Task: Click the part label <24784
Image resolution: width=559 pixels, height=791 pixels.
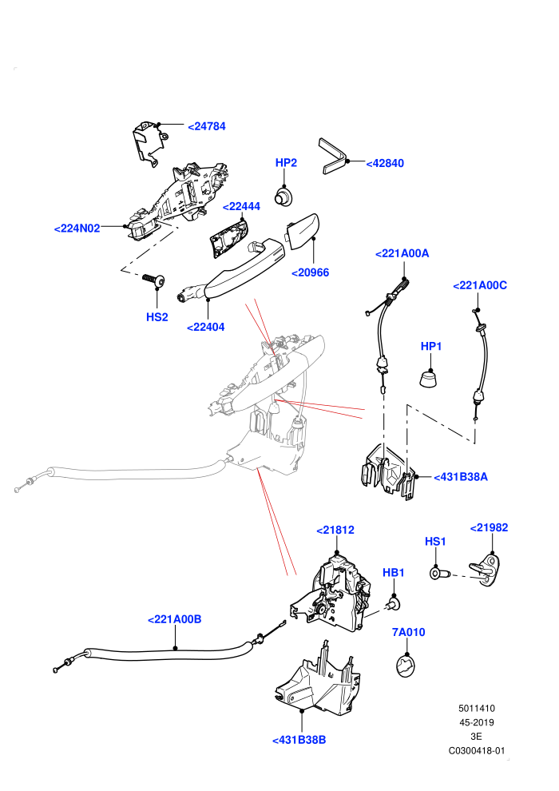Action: pyautogui.click(x=207, y=126)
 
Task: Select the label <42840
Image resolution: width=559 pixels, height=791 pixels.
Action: pyautogui.click(x=385, y=164)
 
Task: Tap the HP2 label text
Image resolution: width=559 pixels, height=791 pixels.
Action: pyautogui.click(x=286, y=162)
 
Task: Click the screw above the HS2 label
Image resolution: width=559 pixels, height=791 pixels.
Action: pyautogui.click(x=154, y=280)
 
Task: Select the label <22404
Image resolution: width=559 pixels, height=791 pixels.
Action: pyautogui.click(x=206, y=327)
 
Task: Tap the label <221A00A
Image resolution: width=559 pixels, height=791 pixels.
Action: pyautogui.click(x=402, y=253)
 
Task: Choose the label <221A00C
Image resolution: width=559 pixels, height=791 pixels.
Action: pyautogui.click(x=480, y=285)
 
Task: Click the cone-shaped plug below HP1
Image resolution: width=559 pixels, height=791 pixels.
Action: pyautogui.click(x=428, y=379)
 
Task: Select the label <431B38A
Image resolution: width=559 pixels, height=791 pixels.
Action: pyautogui.click(x=461, y=477)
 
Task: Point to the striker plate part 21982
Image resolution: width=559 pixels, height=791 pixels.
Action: pyautogui.click(x=486, y=570)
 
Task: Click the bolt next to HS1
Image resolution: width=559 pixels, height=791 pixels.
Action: pyautogui.click(x=439, y=574)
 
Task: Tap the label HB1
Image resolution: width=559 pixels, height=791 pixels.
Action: pyautogui.click(x=394, y=573)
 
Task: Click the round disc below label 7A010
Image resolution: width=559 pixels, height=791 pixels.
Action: pyautogui.click(x=406, y=666)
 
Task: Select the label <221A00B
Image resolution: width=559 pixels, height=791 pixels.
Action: pyautogui.click(x=174, y=619)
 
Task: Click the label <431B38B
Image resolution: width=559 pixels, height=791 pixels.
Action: pyautogui.click(x=299, y=740)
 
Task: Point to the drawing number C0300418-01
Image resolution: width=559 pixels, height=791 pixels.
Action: pyautogui.click(x=476, y=750)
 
